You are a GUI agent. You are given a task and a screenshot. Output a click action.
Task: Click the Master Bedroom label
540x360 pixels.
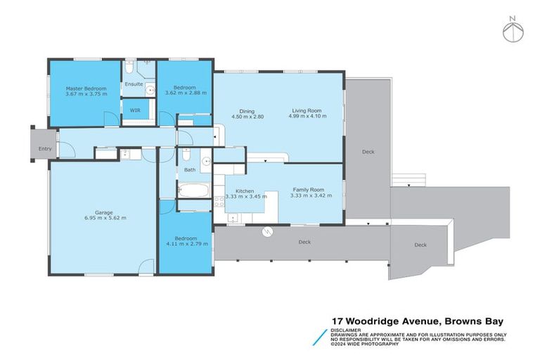coord(86,89)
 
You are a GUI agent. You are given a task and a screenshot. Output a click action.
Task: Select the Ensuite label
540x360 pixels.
coord(134,84)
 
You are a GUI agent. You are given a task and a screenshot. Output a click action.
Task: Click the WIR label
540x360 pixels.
coord(134,109)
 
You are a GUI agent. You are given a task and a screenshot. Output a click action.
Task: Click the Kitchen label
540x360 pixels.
coord(244,191)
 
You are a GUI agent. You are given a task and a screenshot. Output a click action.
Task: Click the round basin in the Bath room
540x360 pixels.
coord(206,162)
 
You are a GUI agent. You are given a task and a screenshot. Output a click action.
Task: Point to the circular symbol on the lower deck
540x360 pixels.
coord(266,233)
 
